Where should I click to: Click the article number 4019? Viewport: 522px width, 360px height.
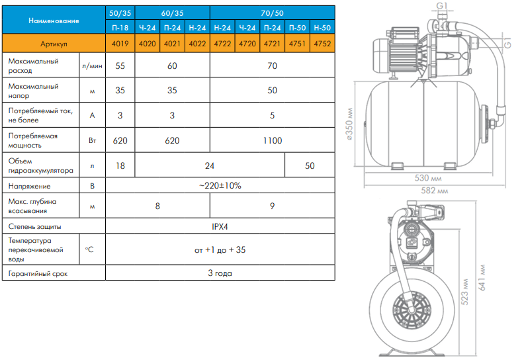pos(120,44)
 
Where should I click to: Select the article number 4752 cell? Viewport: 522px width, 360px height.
pos(322,44)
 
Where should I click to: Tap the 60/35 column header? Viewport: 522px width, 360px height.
pos(172,13)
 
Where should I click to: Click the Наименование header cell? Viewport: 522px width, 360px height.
pos(54,20)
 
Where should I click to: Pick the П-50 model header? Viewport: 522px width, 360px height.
pos(297,28)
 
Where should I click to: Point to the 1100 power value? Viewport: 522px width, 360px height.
pos(273,140)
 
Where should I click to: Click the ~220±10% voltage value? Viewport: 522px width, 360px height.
pos(220,185)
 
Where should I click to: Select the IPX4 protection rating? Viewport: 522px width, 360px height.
pos(220,226)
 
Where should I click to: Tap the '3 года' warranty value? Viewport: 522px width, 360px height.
pos(220,273)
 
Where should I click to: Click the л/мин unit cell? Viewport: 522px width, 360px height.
pos(92,66)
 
